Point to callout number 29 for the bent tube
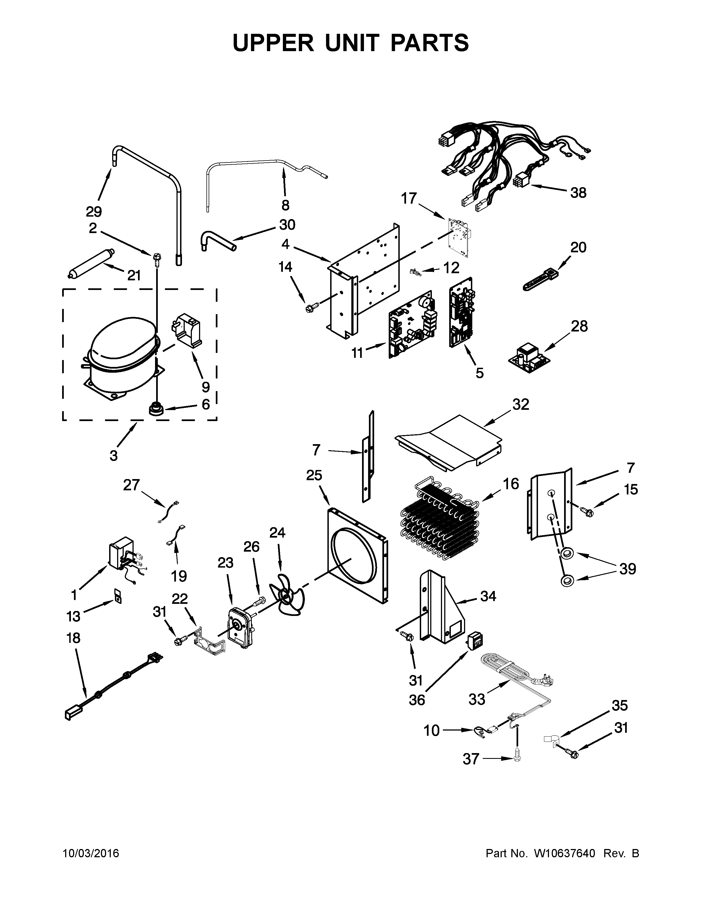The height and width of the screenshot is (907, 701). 94,212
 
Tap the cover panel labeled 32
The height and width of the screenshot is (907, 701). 449,442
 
